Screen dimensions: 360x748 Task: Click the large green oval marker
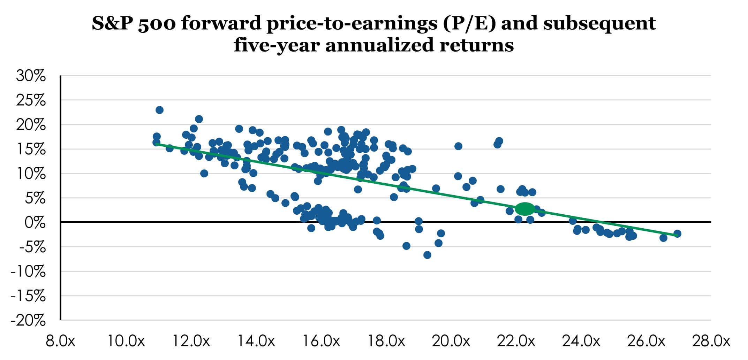click(x=525, y=208)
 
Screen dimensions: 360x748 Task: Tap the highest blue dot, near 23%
click(x=159, y=110)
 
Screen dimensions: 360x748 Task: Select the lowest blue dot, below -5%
click(x=427, y=255)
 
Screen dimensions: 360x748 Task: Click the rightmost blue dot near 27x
click(x=677, y=233)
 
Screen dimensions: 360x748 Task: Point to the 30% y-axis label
click(x=31, y=76)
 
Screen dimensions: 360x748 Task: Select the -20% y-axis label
click(x=28, y=321)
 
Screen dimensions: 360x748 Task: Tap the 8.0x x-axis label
click(x=60, y=341)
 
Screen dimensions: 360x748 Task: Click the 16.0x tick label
click(x=321, y=341)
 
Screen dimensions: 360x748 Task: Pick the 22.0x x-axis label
click(x=516, y=341)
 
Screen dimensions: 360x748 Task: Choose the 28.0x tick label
click(x=711, y=341)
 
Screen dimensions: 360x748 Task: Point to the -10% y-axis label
click(x=28, y=271)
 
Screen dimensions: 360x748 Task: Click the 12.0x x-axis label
click(x=191, y=341)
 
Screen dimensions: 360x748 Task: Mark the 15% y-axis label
click(x=31, y=150)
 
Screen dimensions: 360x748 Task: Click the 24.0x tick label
click(x=581, y=341)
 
